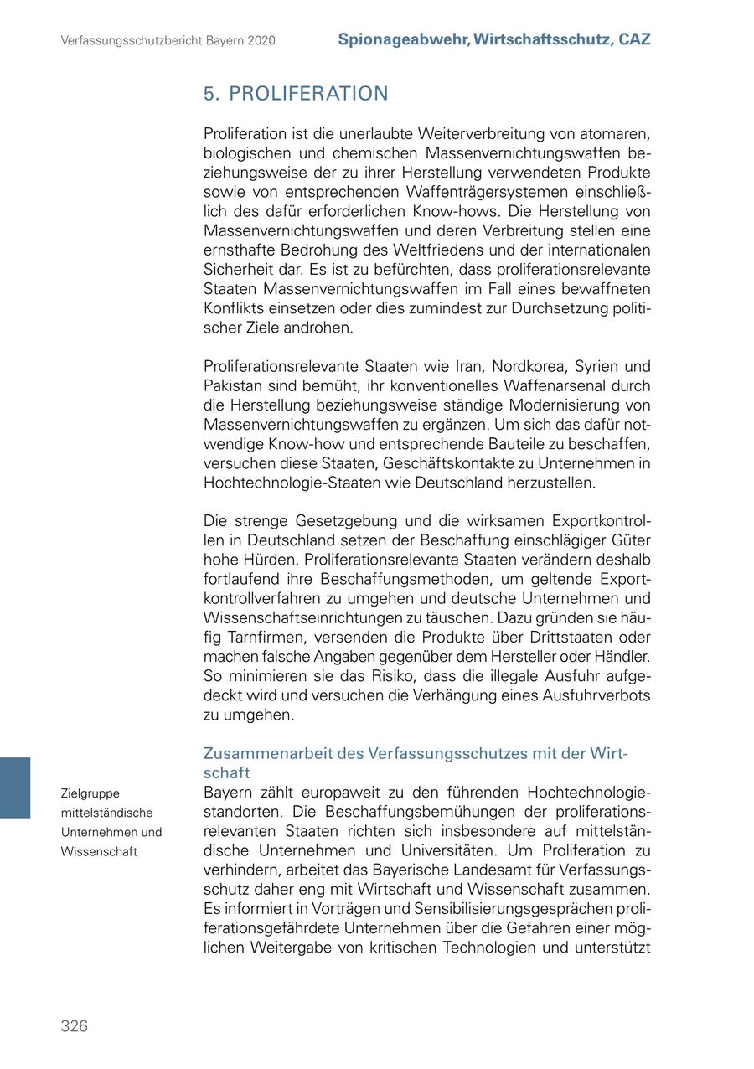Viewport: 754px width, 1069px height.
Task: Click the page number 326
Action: tap(74, 1026)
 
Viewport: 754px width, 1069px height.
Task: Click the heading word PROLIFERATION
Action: tap(308, 94)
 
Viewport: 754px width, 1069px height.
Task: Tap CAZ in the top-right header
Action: tap(634, 39)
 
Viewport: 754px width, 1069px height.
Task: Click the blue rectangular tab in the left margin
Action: tap(15, 787)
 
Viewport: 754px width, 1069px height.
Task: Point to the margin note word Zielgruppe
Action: tap(90, 793)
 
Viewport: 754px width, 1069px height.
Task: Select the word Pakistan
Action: tap(233, 386)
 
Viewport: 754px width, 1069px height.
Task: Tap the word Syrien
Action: tap(597, 367)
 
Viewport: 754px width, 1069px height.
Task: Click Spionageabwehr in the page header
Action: tap(402, 39)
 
